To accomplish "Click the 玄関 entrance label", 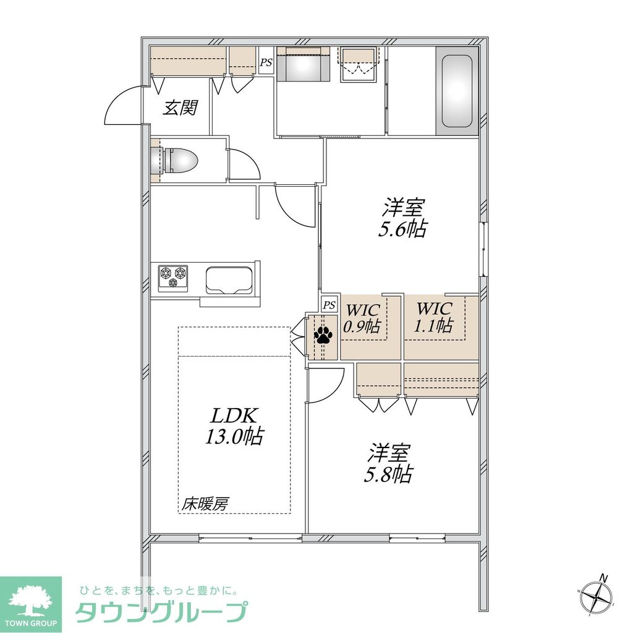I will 180,108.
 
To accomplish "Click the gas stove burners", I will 172,276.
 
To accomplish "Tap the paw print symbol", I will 323,336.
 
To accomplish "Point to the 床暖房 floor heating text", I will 205,504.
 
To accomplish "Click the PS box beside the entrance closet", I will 266,62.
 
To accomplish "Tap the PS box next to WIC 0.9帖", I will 329,304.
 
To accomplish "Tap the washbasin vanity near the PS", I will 304,64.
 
